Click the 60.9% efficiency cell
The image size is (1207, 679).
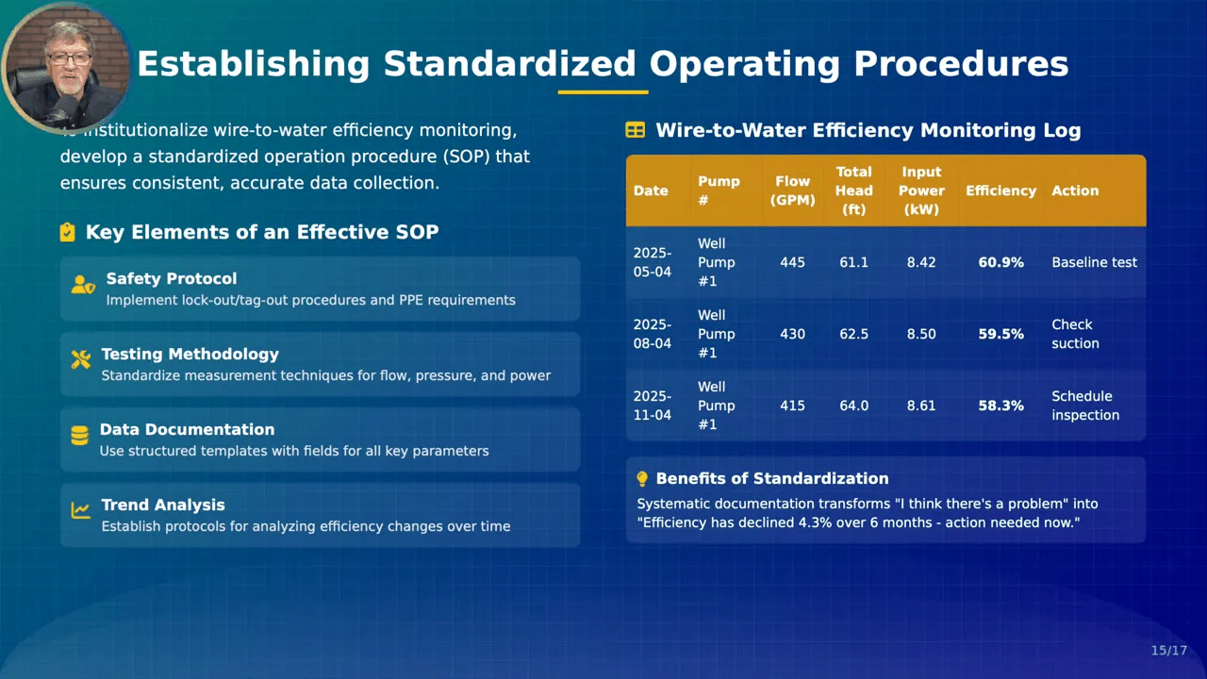coord(1000,262)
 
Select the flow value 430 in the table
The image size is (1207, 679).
coord(792,334)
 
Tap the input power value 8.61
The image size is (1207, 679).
coord(921,406)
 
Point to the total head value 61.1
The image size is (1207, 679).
coord(853,262)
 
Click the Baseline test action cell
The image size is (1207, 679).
coord(1094,262)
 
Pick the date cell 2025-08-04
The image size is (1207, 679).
coord(652,334)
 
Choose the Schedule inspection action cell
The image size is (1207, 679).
coord(1085,406)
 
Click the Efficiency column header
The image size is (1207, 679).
coord(1000,190)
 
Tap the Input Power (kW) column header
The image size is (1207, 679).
coord(921,190)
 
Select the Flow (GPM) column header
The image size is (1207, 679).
coord(792,190)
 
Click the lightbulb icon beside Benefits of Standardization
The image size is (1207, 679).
coord(642,479)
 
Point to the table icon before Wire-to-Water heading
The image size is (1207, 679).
coord(635,130)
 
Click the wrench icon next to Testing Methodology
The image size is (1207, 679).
coord(81,358)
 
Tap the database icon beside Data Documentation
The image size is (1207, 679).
coord(80,435)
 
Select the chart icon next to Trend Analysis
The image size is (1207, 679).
coord(81,510)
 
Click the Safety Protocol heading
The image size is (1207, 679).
coord(171,279)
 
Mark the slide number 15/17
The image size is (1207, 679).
coord(1168,651)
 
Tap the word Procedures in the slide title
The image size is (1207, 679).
coord(961,64)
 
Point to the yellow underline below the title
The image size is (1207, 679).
coord(603,92)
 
